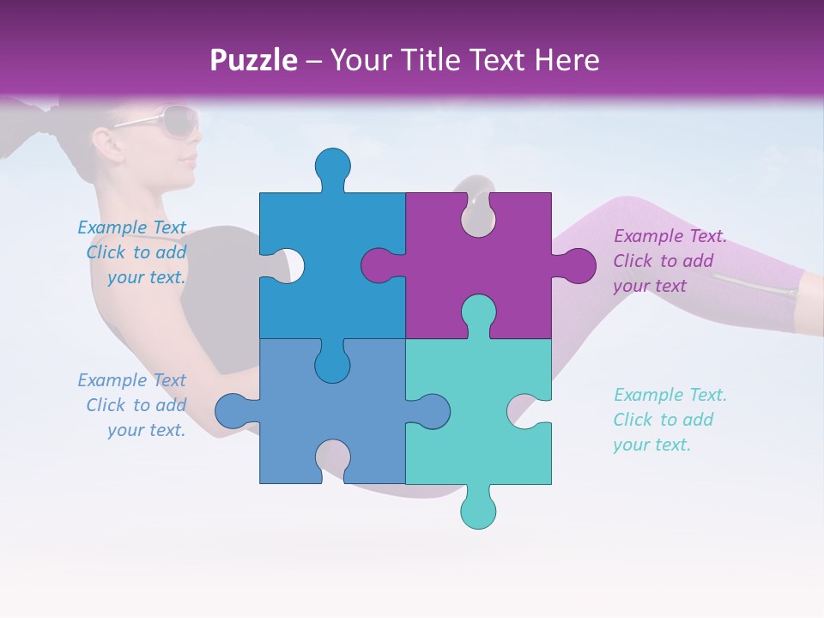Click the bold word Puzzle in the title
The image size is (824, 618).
click(x=254, y=60)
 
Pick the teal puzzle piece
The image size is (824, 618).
click(x=481, y=446)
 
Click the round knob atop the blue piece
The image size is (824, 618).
click(x=332, y=166)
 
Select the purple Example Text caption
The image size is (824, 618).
click(x=669, y=261)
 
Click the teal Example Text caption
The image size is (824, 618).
click(x=669, y=420)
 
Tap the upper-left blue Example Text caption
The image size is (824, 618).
click(x=132, y=252)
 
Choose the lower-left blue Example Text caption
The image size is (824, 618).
click(x=132, y=405)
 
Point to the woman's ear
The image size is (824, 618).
click(x=105, y=139)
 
